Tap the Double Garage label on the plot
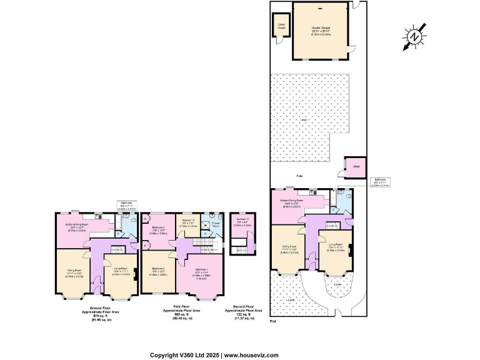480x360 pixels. click(321, 29)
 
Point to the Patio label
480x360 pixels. click(300, 177)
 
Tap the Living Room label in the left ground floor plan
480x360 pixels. click(121, 271)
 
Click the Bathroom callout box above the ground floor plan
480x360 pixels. click(127, 206)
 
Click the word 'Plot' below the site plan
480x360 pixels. click(272, 321)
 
